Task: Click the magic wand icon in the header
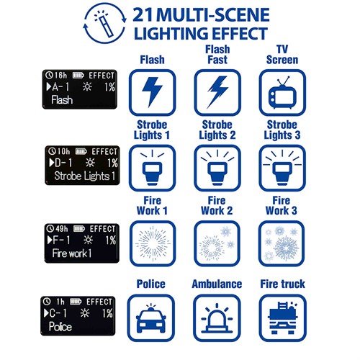[104, 23]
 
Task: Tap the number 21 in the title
[143, 15]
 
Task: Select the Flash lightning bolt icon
[152, 92]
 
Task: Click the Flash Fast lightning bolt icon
[217, 92]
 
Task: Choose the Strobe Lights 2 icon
[217, 168]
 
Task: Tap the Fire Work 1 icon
[153, 243]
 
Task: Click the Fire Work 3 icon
[282, 243]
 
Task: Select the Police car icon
[151, 318]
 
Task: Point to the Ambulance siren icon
[217, 318]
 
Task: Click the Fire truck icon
[283, 318]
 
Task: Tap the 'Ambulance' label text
[217, 284]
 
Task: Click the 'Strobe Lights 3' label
[282, 130]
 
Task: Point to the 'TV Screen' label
[282, 55]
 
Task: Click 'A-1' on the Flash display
[58, 86]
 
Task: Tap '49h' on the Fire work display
[62, 228]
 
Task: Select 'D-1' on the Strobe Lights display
[61, 163]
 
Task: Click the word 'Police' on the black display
[60, 327]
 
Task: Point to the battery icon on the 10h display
[81, 151]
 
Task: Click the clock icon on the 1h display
[47, 302]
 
